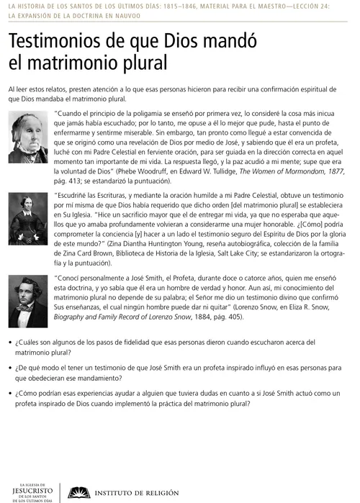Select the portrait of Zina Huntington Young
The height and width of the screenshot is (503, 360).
point(28,219)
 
